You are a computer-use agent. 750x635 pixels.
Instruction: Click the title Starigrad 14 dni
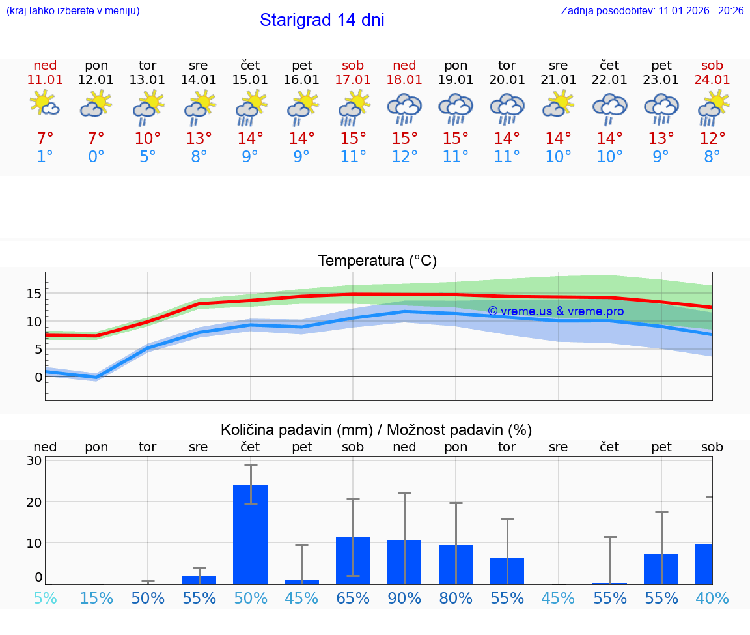click(x=322, y=20)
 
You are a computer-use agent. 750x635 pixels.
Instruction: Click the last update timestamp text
click(x=652, y=10)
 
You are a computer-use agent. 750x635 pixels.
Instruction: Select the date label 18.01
click(x=404, y=79)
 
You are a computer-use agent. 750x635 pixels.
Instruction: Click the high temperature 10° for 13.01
click(x=148, y=139)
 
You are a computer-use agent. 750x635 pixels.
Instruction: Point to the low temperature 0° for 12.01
click(x=96, y=157)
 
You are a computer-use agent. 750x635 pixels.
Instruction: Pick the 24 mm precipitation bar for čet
click(x=251, y=534)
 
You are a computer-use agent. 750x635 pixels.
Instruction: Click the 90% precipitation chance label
click(x=404, y=598)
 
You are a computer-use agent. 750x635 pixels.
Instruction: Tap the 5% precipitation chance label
click(x=45, y=598)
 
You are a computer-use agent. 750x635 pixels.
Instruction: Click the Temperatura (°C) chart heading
click(x=377, y=261)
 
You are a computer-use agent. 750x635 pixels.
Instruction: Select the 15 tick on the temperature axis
click(x=34, y=294)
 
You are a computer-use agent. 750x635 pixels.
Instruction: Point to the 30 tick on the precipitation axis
click(x=34, y=460)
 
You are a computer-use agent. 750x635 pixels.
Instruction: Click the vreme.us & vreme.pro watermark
click(x=555, y=311)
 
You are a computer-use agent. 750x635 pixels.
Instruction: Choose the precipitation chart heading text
click(x=376, y=430)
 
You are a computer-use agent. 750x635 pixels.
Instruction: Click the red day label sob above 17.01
click(x=353, y=65)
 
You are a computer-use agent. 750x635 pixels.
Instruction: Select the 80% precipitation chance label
click(x=456, y=598)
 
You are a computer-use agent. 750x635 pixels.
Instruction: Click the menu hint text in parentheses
click(x=73, y=10)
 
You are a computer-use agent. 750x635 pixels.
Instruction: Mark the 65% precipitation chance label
click(x=353, y=598)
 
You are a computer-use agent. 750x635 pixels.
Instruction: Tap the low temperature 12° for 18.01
click(x=404, y=157)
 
